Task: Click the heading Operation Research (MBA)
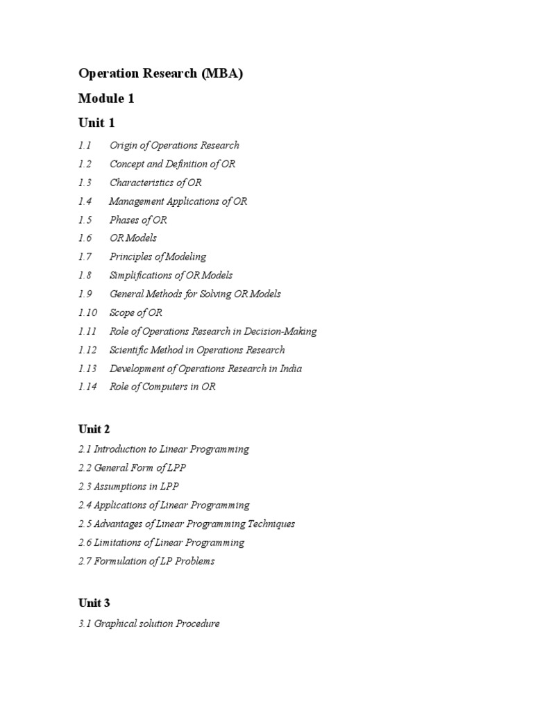[160, 74]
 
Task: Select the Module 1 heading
[106, 99]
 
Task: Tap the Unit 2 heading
[94, 429]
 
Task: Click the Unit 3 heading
[94, 603]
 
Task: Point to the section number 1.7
[85, 257]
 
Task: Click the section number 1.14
[87, 387]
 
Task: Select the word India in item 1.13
[289, 369]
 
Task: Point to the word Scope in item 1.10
[122, 312]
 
